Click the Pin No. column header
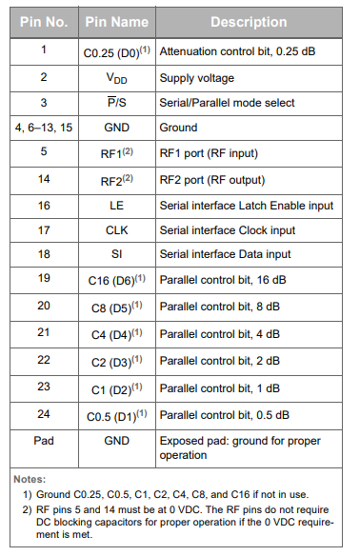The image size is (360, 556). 43,22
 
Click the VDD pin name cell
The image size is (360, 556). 116,76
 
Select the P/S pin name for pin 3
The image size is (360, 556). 116,102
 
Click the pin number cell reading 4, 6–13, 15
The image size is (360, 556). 43,127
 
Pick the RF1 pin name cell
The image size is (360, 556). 116,152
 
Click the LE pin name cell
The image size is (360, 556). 116,205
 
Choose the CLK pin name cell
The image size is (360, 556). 116,229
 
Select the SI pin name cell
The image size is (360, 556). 116,255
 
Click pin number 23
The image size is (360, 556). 43,387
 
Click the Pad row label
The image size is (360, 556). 43,442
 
